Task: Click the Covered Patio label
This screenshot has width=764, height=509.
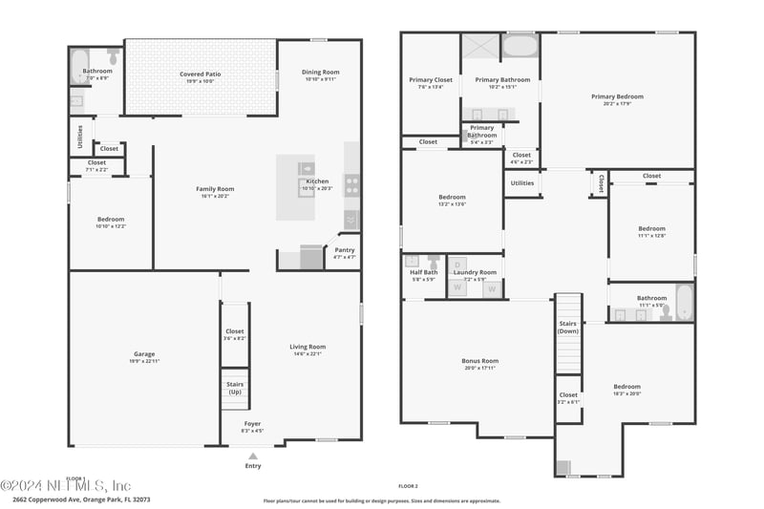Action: pyautogui.click(x=200, y=74)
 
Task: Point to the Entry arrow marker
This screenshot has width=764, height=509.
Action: pyautogui.click(x=252, y=456)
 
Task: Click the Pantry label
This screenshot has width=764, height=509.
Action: pyautogui.click(x=344, y=250)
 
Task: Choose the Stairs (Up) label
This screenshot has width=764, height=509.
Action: pyautogui.click(x=234, y=388)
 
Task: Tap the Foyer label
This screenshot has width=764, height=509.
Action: pyautogui.click(x=252, y=423)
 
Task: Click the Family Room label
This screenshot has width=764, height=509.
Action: pyautogui.click(x=215, y=189)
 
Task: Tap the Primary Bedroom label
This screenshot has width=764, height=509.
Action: pyautogui.click(x=616, y=96)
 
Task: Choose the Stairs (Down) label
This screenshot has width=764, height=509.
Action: pyautogui.click(x=568, y=328)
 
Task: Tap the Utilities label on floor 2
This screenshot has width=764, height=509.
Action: pyautogui.click(x=522, y=182)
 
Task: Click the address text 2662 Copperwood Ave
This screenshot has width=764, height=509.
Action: pyautogui.click(x=48, y=498)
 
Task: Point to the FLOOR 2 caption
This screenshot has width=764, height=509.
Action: pyautogui.click(x=408, y=486)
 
